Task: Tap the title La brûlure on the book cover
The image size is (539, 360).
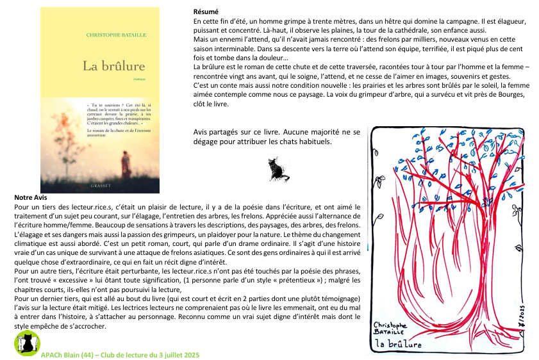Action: (113, 65)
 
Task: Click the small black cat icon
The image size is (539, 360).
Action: (278, 169)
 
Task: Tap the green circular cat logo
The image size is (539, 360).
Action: (26, 343)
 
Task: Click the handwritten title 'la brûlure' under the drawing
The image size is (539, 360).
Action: (399, 344)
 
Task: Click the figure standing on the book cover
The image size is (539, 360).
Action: (126, 164)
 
